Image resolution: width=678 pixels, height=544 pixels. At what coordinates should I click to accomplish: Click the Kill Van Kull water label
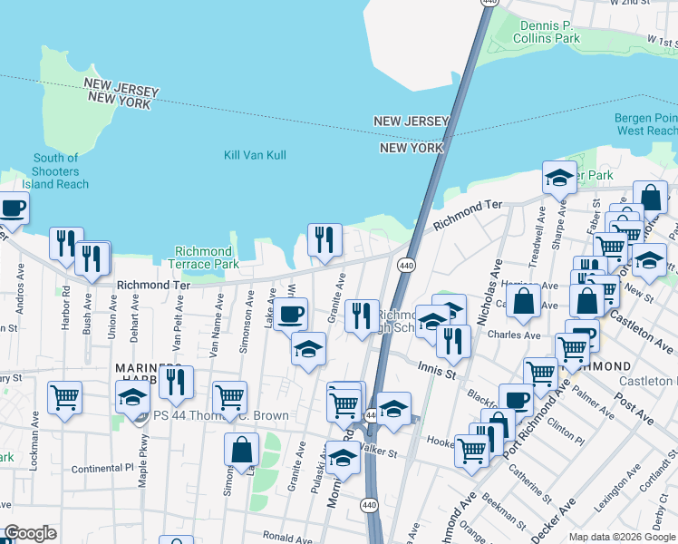(x=255, y=155)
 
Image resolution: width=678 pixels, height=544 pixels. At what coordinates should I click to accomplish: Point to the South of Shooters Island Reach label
(x=55, y=171)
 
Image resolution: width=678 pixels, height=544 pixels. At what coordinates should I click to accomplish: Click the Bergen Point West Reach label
(x=645, y=124)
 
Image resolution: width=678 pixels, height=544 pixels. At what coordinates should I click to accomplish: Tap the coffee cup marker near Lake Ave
(x=290, y=316)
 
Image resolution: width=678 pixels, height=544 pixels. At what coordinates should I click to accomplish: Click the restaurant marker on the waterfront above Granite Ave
(x=324, y=240)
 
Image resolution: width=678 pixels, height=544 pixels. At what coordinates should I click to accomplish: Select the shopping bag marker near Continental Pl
(x=242, y=451)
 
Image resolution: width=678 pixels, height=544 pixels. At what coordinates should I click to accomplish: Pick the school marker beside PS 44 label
(x=132, y=398)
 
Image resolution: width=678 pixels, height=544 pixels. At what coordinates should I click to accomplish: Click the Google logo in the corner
(x=30, y=533)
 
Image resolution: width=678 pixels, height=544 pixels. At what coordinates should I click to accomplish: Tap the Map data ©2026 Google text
(x=621, y=537)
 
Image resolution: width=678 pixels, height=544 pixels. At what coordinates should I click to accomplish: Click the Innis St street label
(x=436, y=366)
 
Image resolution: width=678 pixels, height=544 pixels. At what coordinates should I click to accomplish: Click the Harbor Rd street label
(x=65, y=308)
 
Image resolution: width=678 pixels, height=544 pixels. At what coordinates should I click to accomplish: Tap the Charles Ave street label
(x=513, y=335)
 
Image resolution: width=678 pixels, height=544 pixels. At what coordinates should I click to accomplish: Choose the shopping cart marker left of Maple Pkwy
(x=64, y=398)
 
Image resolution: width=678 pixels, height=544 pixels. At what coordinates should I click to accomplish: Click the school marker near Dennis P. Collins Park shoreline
(x=559, y=178)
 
